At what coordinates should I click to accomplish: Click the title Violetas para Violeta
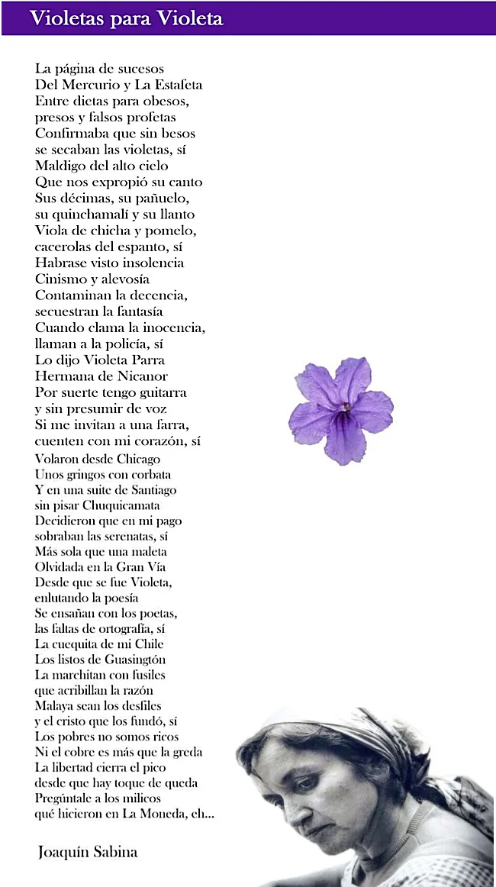126,19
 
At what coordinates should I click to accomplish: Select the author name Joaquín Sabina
88,852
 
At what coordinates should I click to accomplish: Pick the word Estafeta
173,85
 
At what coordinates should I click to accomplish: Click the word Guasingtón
128,660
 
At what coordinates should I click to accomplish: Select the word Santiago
143,490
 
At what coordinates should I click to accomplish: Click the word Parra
146,360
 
